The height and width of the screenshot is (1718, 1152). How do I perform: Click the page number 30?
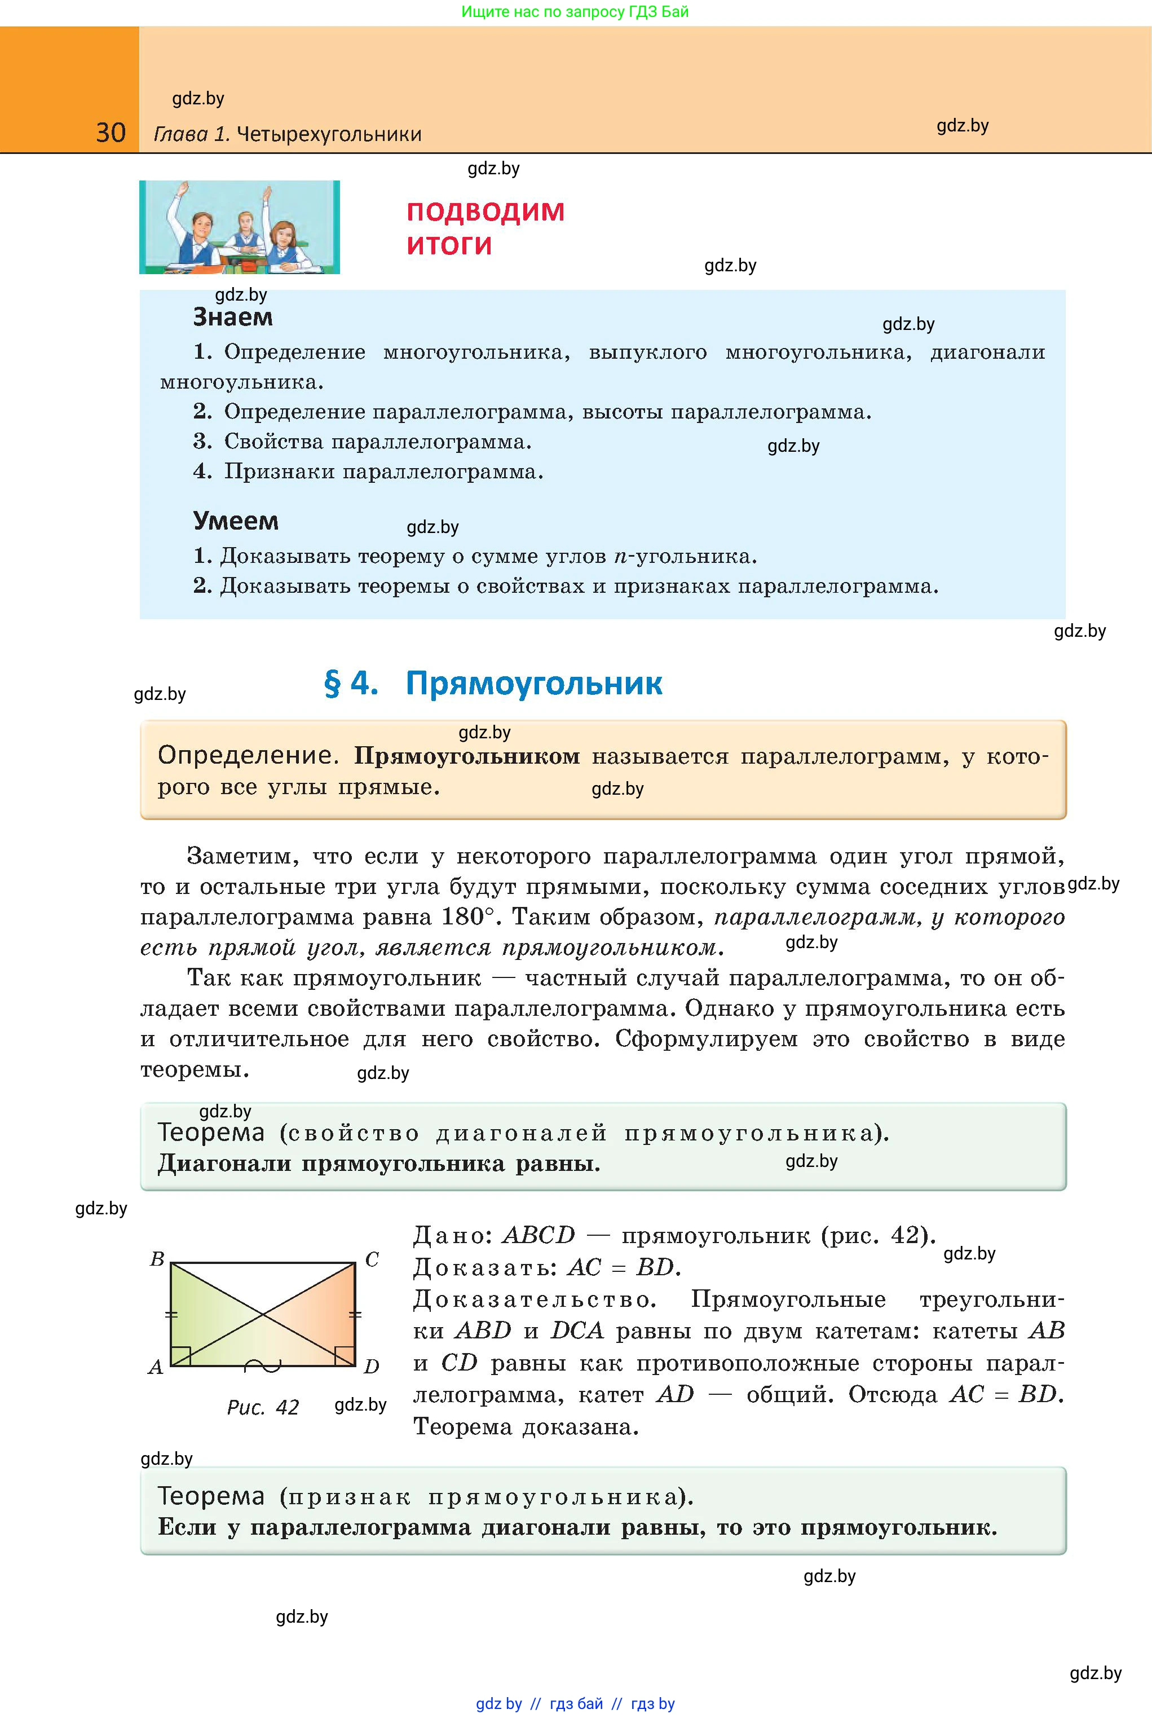(x=111, y=133)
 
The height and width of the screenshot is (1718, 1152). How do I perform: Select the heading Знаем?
(x=232, y=317)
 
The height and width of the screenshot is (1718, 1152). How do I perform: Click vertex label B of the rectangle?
(x=157, y=1259)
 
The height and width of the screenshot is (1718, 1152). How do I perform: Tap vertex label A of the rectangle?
(x=156, y=1367)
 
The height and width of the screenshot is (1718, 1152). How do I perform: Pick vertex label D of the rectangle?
(x=372, y=1367)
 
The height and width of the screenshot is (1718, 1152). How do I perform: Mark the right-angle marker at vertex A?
(x=180, y=1356)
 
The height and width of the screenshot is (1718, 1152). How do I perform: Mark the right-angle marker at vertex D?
(x=345, y=1356)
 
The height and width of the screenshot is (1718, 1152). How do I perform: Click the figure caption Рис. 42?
(x=263, y=1407)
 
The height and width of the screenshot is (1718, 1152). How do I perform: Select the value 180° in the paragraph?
(x=469, y=917)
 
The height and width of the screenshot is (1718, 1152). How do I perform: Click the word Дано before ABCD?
(x=452, y=1235)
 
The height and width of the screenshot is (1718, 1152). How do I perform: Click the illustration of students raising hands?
(x=240, y=227)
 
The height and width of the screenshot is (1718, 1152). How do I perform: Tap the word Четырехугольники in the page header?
(x=329, y=134)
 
